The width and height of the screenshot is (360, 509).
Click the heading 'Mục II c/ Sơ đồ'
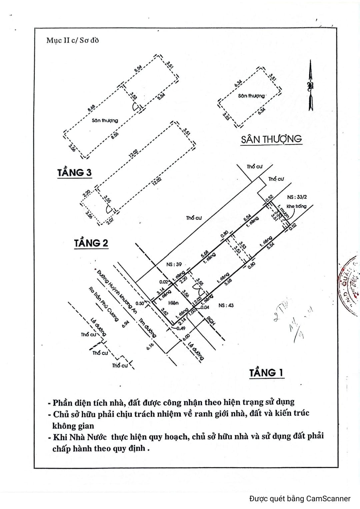point(72,41)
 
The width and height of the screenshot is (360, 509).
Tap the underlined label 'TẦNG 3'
point(74,173)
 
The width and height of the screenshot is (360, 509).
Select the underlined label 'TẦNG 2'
point(91,243)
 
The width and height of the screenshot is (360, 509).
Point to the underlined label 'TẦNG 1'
point(266,372)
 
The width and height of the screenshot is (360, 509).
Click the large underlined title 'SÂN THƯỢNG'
point(271,139)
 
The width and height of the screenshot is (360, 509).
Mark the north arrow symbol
point(311,86)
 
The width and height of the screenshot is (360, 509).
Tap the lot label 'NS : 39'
point(174,264)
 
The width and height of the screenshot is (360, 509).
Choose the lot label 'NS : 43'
point(226,305)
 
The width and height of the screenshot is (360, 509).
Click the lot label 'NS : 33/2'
point(297,197)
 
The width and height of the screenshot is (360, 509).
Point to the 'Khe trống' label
point(296,206)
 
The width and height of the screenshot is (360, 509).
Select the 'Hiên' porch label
point(173,303)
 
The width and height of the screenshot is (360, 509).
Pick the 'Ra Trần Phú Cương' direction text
point(103,304)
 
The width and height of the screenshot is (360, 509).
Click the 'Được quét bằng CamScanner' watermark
point(300,498)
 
